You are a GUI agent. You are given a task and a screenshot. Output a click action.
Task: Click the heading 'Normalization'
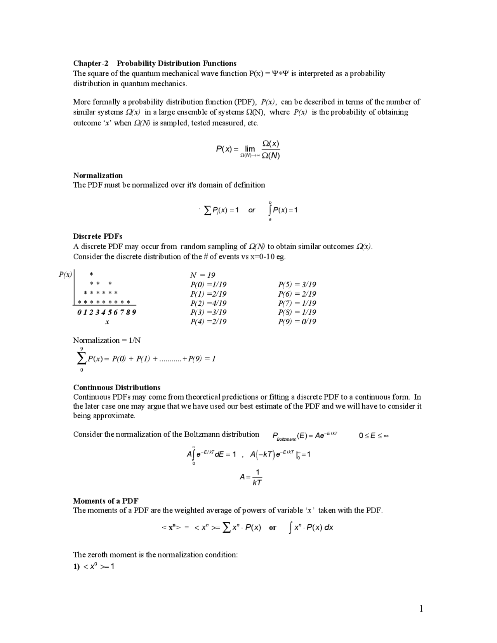point(98,176)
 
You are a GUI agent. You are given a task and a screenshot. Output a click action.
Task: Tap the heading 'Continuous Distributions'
point(116,388)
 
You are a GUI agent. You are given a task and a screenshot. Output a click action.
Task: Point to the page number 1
point(421,609)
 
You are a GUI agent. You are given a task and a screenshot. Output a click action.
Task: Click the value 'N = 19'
point(202,275)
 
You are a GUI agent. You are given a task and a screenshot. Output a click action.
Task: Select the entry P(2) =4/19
point(208,303)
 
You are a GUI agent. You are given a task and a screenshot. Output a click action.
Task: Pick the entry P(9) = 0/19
point(297,321)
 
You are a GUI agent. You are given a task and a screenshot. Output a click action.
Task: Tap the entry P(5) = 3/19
point(297,285)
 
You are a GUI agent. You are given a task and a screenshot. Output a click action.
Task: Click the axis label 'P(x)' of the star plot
point(65,275)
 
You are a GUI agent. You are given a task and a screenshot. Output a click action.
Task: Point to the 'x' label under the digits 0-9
point(107,322)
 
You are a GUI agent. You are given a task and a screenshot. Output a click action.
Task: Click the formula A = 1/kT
point(251,477)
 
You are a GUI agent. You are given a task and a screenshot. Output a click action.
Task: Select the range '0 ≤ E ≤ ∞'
point(374,436)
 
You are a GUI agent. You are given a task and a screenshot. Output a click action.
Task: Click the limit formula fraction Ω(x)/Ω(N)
point(271,149)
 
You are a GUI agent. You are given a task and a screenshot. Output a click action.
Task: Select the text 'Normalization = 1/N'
point(107,341)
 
